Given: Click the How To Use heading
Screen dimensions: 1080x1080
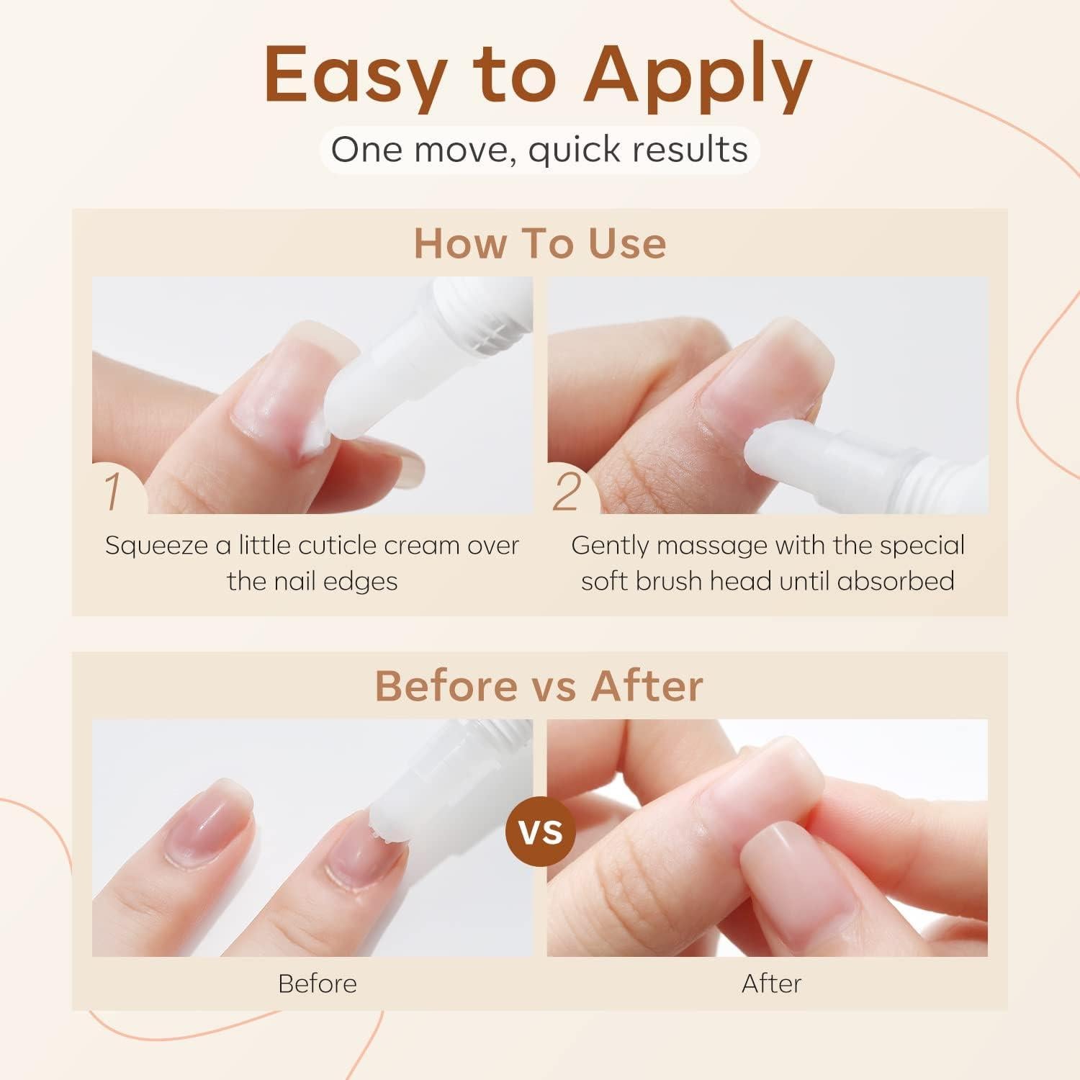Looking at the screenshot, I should click(540, 243).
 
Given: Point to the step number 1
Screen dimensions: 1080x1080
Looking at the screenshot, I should click(113, 492).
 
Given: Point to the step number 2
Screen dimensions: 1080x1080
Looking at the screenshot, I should click(567, 492).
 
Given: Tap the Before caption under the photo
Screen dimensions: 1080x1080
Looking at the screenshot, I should click(317, 984).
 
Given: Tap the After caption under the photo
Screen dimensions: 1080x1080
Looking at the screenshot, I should click(771, 984).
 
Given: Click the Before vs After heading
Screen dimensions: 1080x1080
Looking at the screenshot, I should click(539, 685).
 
